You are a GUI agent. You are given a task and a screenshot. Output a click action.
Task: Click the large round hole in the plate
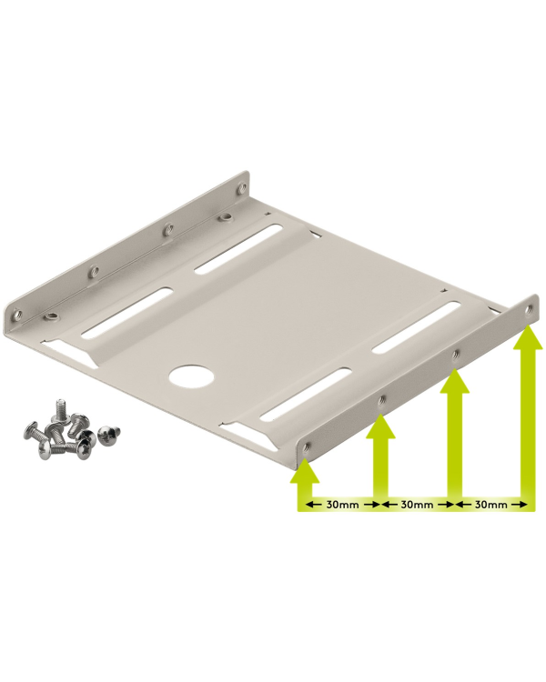pyautogui.click(x=188, y=377)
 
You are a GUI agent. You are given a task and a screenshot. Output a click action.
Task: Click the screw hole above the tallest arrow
pyautogui.click(x=531, y=308)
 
